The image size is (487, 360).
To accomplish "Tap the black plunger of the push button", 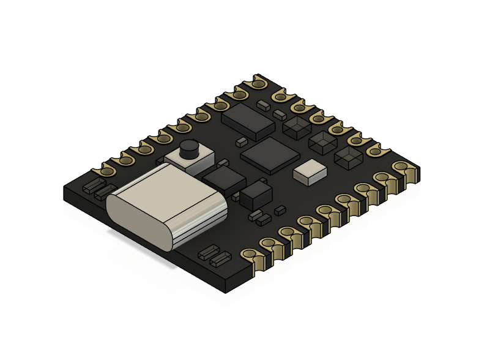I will tap(190, 149).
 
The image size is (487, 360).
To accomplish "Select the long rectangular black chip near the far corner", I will tap(248, 119).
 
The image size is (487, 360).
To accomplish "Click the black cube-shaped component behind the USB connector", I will tap(256, 194).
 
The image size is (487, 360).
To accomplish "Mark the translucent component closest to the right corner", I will tap(348, 159).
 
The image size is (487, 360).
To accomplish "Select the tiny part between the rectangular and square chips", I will tap(241, 141).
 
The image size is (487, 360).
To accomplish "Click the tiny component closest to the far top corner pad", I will tap(264, 105).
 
